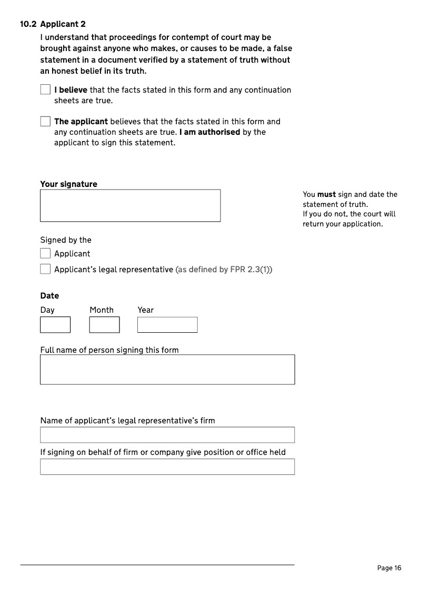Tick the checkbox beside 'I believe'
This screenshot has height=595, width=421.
coord(45,90)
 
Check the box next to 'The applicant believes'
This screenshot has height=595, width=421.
coord(45,121)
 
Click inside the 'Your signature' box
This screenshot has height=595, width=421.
coord(130,205)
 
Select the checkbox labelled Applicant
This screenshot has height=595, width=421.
coord(45,253)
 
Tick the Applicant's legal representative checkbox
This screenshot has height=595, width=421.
coord(45,269)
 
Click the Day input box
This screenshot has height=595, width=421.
coord(55,324)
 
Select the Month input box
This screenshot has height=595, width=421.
coord(104,324)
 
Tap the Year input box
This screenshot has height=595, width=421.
coord(167,324)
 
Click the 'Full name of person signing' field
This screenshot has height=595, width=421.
coord(167,369)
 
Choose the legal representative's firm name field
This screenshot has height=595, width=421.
coord(167,435)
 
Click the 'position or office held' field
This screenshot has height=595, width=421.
coord(167,467)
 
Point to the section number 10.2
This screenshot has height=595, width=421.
coord(28,24)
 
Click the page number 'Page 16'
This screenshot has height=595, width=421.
coord(389,568)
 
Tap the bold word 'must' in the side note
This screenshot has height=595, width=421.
coord(326,194)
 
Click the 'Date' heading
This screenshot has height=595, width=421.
coord(49,295)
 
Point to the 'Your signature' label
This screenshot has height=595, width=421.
coord(68,184)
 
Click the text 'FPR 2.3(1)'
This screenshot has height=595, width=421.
coord(250,270)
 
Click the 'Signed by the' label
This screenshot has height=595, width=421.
coord(65,240)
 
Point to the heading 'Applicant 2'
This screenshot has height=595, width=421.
coord(63,24)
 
